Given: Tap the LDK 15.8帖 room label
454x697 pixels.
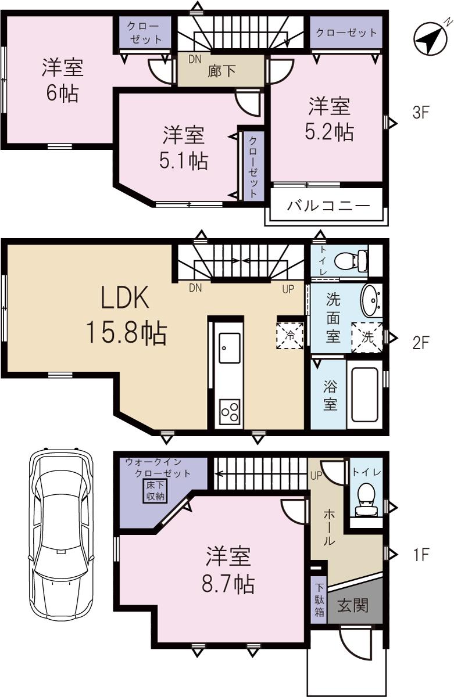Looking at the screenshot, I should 126,317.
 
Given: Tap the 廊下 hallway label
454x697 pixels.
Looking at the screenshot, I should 221,71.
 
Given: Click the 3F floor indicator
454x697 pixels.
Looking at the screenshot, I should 420,112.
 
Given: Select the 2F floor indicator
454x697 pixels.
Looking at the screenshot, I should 420,343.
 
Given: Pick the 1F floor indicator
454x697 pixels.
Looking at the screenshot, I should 420,555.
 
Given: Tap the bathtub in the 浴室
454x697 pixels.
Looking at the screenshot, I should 364,396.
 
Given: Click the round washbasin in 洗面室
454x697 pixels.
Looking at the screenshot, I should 371,299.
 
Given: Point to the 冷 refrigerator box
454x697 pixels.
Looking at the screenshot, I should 289,335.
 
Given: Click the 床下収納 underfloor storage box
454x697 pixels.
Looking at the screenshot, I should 155,490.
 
